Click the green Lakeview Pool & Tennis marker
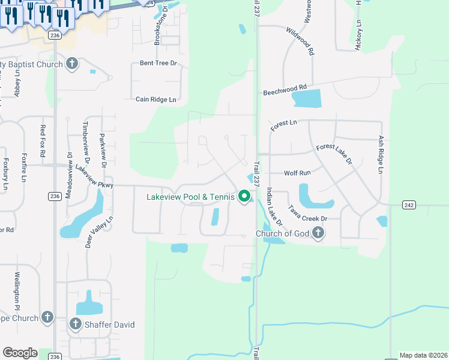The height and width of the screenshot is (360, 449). point(244,196)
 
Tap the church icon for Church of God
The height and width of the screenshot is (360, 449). point(318,233)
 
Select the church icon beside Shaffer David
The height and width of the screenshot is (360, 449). point(75,325)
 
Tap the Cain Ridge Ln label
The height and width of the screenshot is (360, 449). point(156,100)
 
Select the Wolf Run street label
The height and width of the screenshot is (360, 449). point(297,173)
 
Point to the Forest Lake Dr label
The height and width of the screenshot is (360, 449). point(334,154)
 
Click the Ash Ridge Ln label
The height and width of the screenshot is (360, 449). point(381,154)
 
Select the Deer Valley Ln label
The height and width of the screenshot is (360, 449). point(100,233)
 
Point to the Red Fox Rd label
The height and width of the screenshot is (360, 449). point(43,141)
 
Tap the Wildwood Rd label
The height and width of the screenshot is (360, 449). point(300,41)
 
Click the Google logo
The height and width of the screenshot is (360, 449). point(20,353)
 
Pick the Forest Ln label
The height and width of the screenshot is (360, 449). point(283,125)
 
